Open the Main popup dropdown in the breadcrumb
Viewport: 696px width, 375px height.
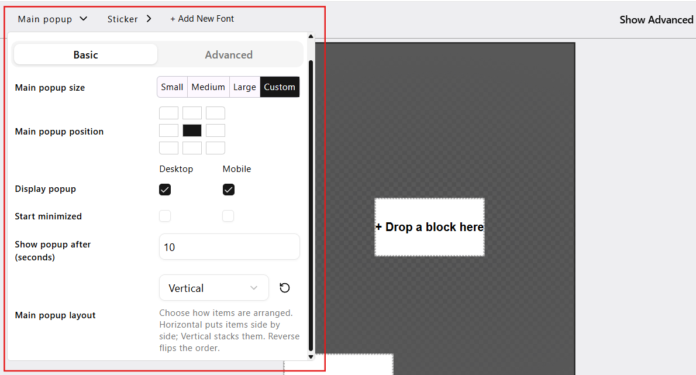point(53,19)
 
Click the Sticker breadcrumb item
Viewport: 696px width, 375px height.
point(129,19)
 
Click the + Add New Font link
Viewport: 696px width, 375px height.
point(202,19)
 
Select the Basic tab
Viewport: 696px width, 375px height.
point(85,54)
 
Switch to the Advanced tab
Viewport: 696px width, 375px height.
point(229,54)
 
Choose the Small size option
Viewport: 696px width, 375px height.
point(172,87)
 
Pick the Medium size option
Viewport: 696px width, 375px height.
point(208,87)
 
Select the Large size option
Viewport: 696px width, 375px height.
point(244,87)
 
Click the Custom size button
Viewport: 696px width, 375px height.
point(280,87)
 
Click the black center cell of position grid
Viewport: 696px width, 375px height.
point(192,130)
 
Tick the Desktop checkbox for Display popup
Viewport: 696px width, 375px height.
point(165,190)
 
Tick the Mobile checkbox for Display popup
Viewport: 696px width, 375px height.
point(229,190)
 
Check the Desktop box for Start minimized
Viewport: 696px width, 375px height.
point(165,216)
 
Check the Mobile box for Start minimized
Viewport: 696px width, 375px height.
point(228,216)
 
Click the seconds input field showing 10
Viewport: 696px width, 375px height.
point(229,247)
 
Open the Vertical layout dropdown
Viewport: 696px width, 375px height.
point(214,288)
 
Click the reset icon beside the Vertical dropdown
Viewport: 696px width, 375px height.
point(284,288)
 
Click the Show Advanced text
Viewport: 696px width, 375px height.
point(656,19)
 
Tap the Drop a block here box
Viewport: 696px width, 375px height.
point(429,227)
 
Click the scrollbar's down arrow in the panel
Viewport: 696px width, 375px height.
point(311,356)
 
